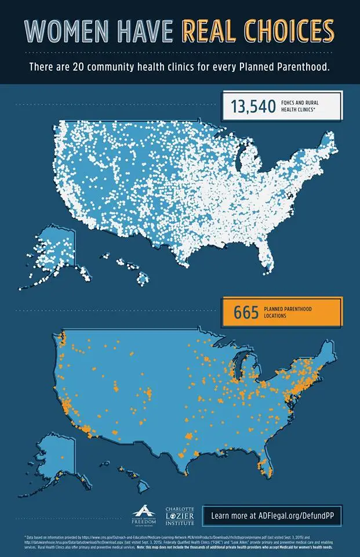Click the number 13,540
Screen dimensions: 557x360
253,107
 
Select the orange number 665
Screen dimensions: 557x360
246,313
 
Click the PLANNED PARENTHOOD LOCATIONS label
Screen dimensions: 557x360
288,313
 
